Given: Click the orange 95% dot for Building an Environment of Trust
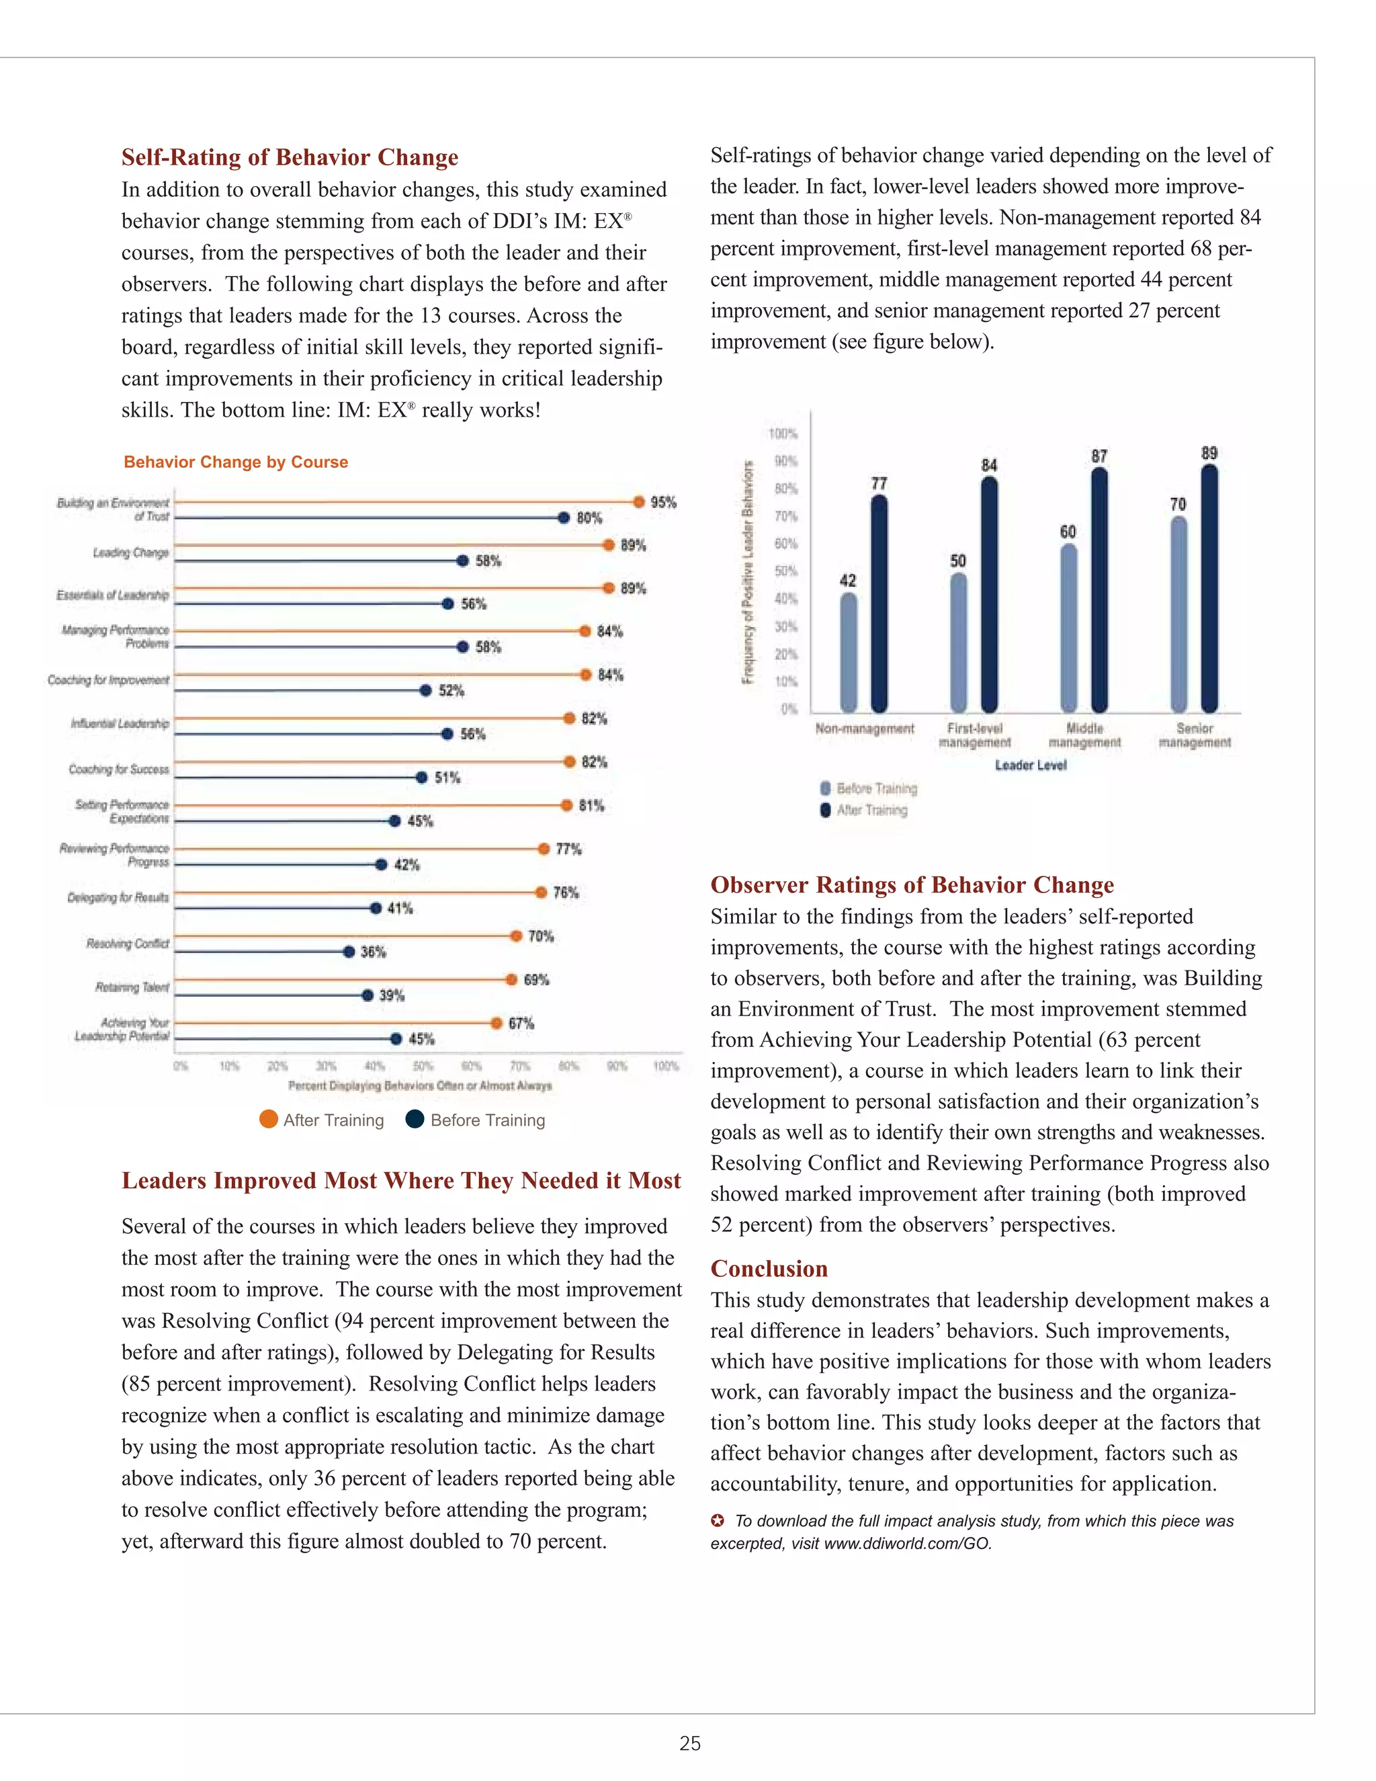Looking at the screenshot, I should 639,501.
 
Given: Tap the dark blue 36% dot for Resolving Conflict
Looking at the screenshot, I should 349,952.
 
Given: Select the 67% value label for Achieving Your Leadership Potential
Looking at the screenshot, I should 521,1023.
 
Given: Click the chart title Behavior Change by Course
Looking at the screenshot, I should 236,462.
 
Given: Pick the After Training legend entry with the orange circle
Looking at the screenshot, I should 322,1120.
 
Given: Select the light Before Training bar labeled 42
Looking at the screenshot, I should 849,653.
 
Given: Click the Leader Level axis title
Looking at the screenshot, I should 1031,765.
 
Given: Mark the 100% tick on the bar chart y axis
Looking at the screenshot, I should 783,434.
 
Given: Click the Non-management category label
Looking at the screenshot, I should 865,729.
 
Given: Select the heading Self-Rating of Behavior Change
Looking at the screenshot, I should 290,157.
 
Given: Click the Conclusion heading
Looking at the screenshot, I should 769,1268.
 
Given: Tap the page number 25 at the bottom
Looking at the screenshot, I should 689,1743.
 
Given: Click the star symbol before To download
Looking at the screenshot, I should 718,1520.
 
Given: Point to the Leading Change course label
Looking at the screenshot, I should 130,553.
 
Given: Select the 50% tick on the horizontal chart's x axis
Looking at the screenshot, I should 423,1066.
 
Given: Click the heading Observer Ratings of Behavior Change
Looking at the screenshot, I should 911,885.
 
